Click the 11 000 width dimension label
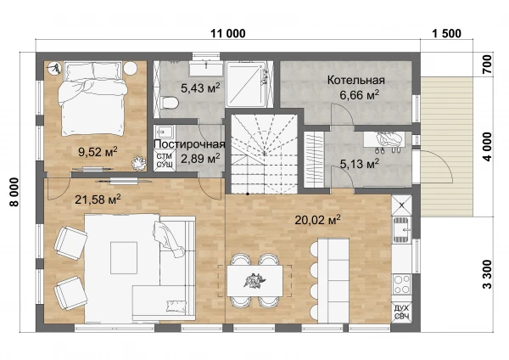pyautogui.click(x=228, y=33)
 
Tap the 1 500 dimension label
pyautogui.click(x=447, y=33)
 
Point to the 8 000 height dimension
pyautogui.click(x=14, y=192)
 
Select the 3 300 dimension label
pyautogui.click(x=487, y=274)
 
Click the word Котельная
pyautogui.click(x=355, y=80)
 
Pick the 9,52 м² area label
pyautogui.click(x=98, y=151)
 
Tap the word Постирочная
pyautogui.click(x=189, y=144)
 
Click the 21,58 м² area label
pyautogui.click(x=98, y=199)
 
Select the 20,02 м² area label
pyautogui.click(x=317, y=220)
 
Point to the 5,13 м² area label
pyautogui.click(x=360, y=163)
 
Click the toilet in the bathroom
pyautogui.click(x=169, y=104)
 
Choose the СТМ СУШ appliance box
pyautogui.click(x=165, y=160)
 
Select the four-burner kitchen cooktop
pyautogui.click(x=401, y=284)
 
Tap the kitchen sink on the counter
pyautogui.click(x=402, y=229)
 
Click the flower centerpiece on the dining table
pyautogui.click(x=255, y=281)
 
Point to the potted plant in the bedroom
pyautogui.click(x=139, y=163)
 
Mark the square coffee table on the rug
pyautogui.click(x=124, y=258)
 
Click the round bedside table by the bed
pyautogui.click(x=131, y=68)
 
